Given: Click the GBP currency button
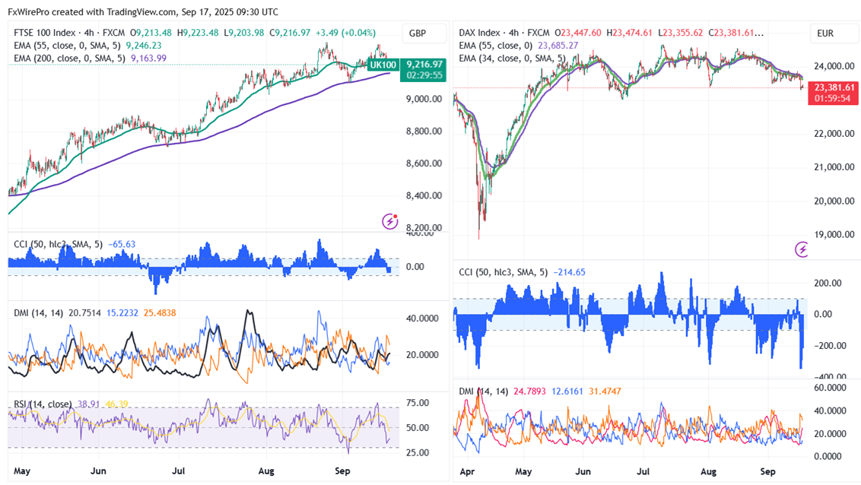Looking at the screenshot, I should point(417,33).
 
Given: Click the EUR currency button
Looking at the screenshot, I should point(825,33).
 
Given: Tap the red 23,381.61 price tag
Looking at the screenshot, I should point(834,87).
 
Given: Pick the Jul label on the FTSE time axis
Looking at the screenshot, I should point(180,471).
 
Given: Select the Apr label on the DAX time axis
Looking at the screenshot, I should point(469,472).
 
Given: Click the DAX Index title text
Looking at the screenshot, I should point(479,33).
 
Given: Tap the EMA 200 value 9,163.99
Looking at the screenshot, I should point(149,58).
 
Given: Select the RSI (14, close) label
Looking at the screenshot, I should point(43,404).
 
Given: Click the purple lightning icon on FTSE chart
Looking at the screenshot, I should point(390,221).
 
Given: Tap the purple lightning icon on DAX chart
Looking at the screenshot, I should point(801,249).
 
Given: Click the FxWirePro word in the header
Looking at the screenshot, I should point(27,12).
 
